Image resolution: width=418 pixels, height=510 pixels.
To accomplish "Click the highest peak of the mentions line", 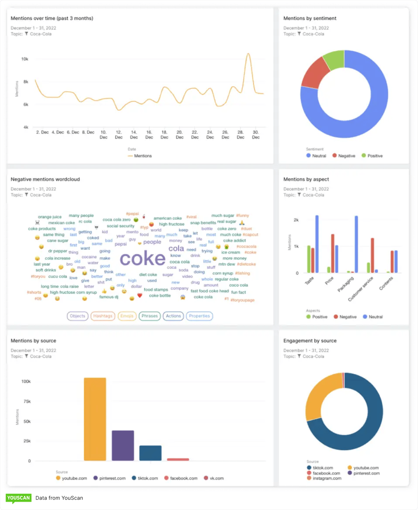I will coord(249,54).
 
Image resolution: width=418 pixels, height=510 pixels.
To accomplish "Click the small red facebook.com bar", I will coord(178,459).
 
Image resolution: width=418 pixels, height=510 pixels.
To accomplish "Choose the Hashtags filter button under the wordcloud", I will coord(103,316).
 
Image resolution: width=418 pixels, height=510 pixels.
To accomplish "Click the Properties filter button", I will coord(199,316).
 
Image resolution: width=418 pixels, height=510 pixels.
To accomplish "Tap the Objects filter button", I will coord(77,316).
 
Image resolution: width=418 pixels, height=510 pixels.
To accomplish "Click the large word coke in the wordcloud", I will coord(143,258).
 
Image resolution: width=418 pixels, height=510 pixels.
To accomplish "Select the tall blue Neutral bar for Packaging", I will coord(356,244).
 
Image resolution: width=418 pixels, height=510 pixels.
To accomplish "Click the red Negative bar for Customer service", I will coord(372,255).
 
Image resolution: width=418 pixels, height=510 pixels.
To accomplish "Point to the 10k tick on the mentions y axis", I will coord(25,59).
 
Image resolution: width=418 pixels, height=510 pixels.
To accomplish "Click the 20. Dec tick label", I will coord(180,135).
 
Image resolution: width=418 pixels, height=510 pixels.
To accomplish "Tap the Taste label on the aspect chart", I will coord(309,281).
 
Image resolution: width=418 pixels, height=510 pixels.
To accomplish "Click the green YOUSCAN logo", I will coord(18,498).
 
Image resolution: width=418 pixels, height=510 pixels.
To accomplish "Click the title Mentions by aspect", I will coord(306,179).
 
